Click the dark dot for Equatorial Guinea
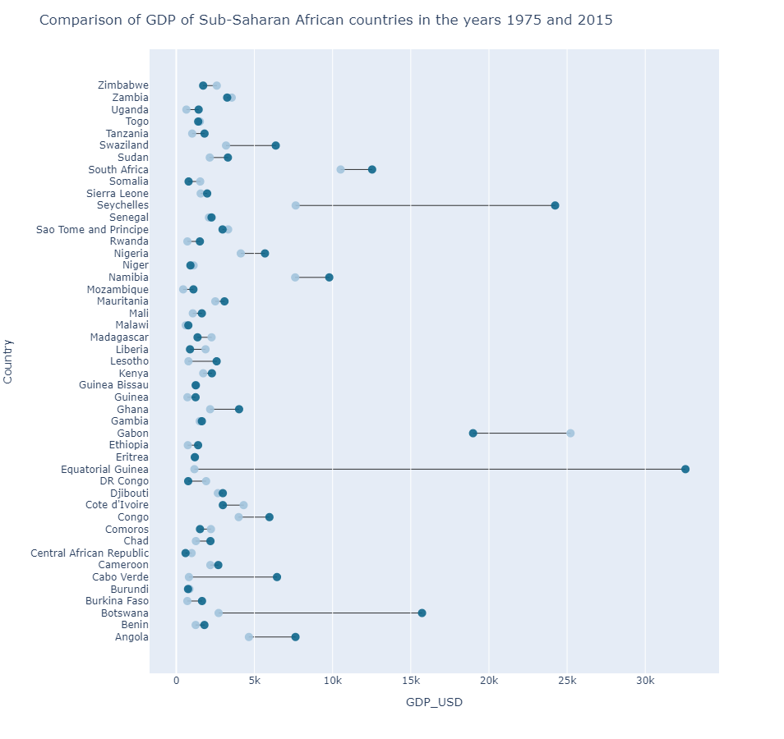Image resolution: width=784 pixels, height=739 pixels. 685,469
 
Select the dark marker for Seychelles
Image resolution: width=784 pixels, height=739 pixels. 555,205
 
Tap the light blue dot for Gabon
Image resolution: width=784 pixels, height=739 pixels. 570,433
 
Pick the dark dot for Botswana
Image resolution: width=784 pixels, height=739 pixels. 422,613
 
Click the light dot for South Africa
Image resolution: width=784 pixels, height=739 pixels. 340,169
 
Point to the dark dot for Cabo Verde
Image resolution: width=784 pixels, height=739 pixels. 277,577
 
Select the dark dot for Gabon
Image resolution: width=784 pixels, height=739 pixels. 473,433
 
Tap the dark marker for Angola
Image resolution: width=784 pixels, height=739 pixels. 296,637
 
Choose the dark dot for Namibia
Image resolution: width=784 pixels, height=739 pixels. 330,278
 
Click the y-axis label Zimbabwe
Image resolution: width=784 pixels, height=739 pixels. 123,85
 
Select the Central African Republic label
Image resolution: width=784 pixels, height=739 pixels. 90,553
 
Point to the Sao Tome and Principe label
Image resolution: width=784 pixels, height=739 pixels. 92,229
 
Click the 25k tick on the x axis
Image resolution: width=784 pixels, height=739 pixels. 567,681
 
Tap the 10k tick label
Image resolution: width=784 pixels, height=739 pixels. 333,681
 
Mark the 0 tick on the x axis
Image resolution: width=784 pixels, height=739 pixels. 176,681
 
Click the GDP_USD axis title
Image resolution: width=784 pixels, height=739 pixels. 434,702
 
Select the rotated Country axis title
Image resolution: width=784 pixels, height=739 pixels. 9,361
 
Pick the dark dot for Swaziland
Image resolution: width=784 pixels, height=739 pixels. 276,145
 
